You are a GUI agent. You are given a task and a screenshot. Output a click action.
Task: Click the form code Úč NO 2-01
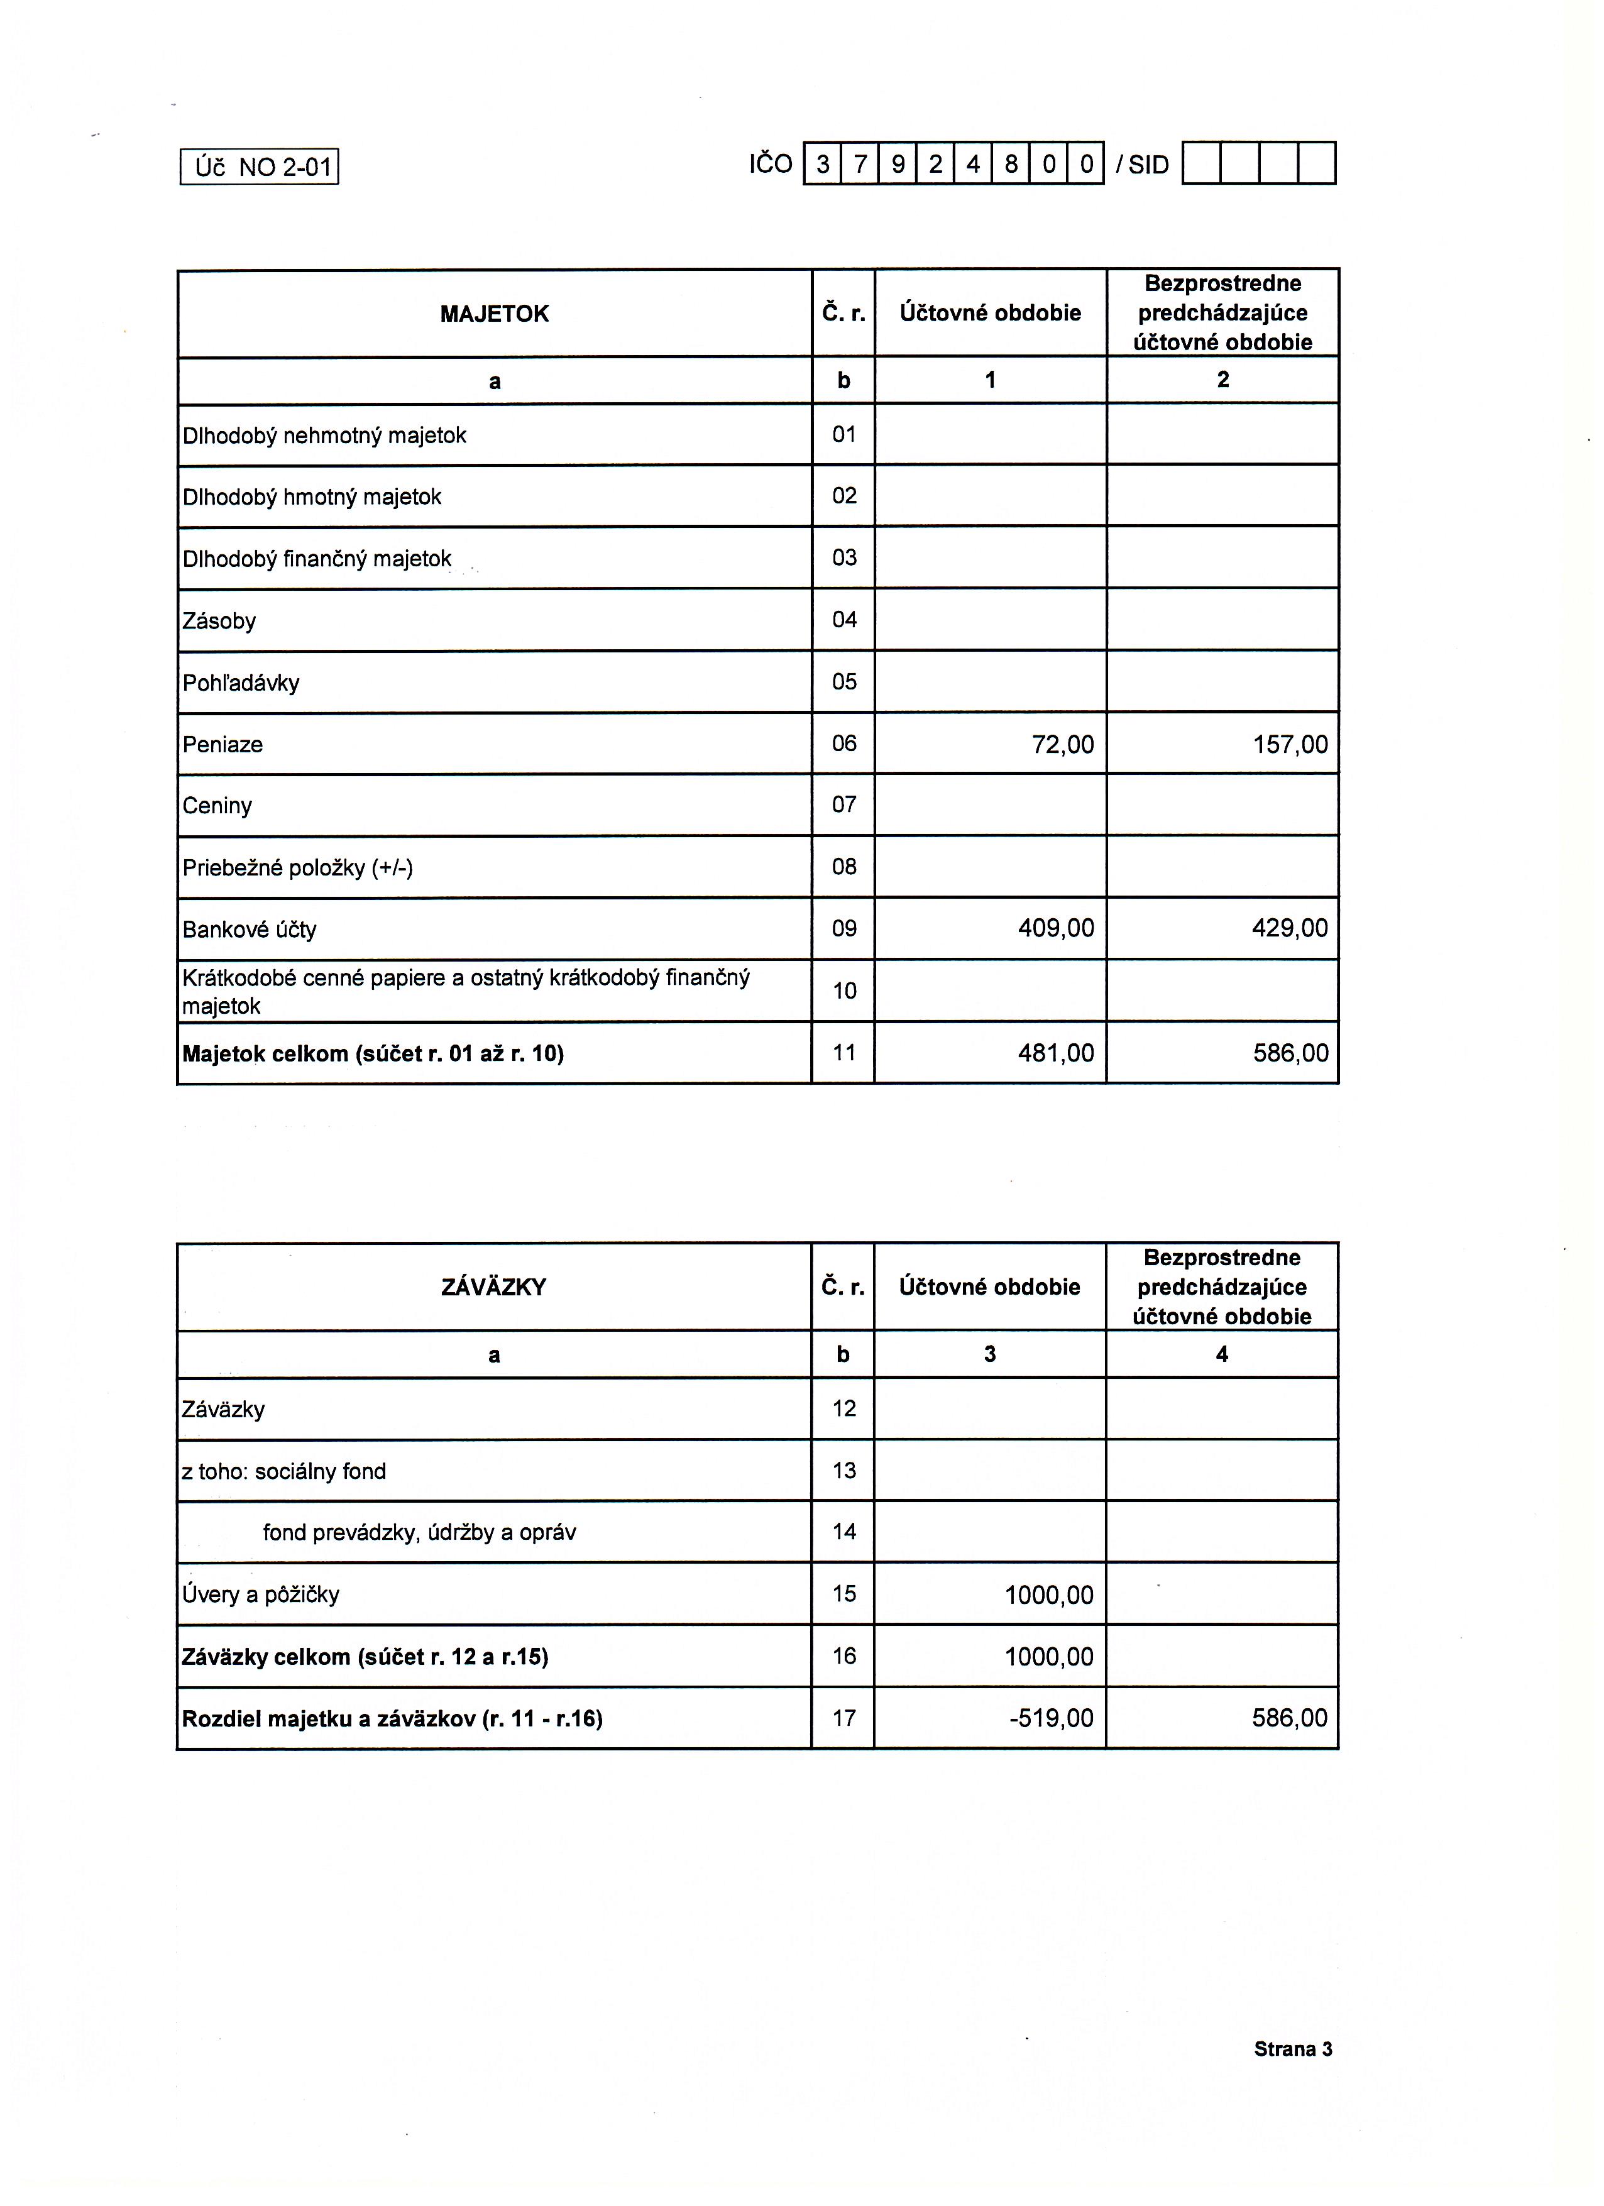click(x=260, y=167)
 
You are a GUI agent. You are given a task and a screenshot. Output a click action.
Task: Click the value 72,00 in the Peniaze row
click(x=1062, y=745)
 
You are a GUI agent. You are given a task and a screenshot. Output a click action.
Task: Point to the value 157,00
click(x=1290, y=745)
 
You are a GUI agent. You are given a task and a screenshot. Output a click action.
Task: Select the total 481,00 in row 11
click(x=1055, y=1053)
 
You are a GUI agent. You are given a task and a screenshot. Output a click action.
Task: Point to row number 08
click(x=844, y=867)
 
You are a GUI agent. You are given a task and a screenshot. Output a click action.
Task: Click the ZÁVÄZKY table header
click(x=493, y=1288)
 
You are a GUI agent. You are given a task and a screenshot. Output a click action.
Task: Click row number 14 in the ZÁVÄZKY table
click(x=844, y=1533)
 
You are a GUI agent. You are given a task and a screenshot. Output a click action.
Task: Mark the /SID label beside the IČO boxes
click(x=1142, y=165)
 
